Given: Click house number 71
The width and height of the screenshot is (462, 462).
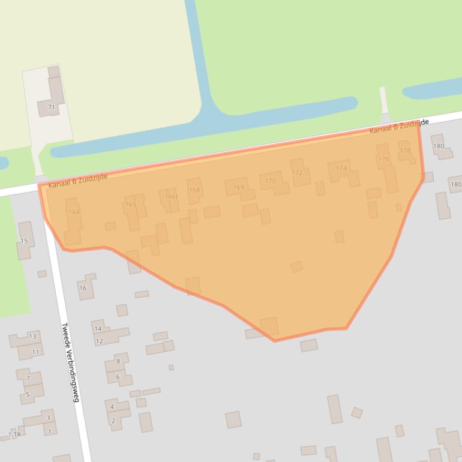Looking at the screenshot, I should point(52,107).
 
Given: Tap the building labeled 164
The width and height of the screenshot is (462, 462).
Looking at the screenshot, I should point(74,212).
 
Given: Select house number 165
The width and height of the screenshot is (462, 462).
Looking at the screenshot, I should point(130,205).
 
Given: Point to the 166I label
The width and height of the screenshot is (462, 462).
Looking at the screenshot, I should point(171,196).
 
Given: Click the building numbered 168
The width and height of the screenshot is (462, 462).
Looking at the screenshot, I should point(194,190).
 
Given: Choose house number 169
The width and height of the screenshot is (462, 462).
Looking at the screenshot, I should point(238,188).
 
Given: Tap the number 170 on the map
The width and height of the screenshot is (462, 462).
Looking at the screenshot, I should point(271,181).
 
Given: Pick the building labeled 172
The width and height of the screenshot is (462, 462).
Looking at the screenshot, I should point(297,173).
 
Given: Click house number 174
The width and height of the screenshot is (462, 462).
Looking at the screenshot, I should point(341,169).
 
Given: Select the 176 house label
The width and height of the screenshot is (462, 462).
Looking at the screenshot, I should point(383,159).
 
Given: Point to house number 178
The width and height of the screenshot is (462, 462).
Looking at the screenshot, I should point(405,151).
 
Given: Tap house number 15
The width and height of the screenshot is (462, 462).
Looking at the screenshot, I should point(24,241).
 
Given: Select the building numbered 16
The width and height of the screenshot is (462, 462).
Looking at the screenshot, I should point(83,288).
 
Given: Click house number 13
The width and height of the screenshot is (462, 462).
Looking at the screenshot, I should point(32,337).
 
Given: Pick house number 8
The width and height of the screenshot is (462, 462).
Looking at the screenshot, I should point(118,361).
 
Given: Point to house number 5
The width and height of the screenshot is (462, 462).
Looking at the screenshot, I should point(28,395).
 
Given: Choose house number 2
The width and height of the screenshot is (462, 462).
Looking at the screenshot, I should point(113,421).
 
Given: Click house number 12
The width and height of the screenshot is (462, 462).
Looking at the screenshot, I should point(100,341).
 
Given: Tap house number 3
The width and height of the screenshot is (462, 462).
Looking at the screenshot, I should point(49,418).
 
